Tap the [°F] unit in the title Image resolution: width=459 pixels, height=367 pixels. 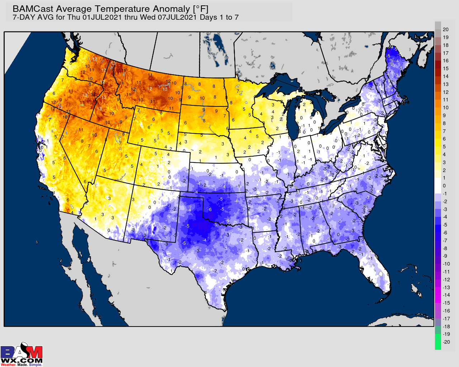tap(200, 9)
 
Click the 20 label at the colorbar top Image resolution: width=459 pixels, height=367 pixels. tap(446, 29)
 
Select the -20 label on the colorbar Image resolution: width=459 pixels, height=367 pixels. tap(446, 342)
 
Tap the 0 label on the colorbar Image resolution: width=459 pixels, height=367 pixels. tap(444, 186)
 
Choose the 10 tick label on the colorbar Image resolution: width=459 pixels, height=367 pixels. tap(446, 108)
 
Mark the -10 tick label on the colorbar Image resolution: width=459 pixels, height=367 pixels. tap(446, 264)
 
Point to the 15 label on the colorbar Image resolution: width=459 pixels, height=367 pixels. tap(446, 68)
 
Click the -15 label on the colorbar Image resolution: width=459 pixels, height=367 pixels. tap(446, 303)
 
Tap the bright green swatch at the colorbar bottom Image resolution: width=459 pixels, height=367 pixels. tap(438, 342)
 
